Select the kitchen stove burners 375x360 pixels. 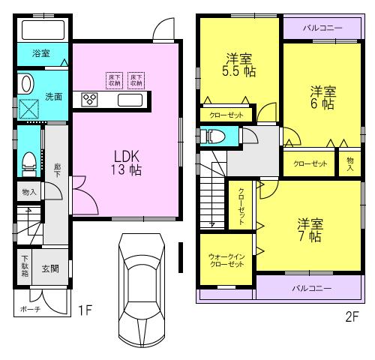click(91, 99)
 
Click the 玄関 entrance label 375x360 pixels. click(50, 268)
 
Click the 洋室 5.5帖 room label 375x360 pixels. click(238, 65)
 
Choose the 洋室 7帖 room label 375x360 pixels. click(309, 229)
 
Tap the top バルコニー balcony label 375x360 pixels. click(322, 27)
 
